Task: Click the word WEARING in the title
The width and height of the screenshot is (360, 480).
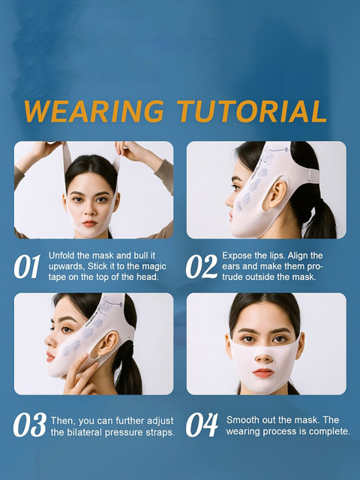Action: tap(94, 112)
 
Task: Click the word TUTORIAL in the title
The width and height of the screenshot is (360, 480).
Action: tap(252, 112)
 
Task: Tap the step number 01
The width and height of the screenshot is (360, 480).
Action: tap(27, 266)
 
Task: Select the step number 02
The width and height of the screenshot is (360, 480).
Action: tap(202, 266)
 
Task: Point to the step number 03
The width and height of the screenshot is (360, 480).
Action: tap(30, 425)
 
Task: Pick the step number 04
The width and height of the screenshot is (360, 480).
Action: tap(202, 425)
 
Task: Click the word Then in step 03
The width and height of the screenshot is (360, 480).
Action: tap(62, 421)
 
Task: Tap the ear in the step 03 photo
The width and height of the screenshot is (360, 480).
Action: tap(107, 344)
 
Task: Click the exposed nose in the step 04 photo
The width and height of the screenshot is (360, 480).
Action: tap(264, 357)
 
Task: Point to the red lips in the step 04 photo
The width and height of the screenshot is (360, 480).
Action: tap(263, 373)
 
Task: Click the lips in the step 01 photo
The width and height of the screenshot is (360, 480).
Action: tap(90, 223)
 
